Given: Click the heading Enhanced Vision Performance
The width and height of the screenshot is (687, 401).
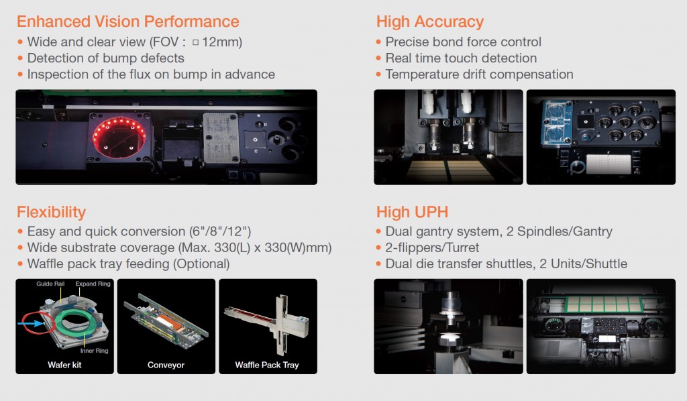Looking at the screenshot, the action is (x=128, y=21).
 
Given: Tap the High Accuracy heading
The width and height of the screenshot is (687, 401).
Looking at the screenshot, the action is (x=430, y=22).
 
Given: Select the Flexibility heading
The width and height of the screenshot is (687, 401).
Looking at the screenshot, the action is (x=51, y=213).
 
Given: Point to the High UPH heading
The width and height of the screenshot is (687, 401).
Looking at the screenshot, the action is (x=413, y=213).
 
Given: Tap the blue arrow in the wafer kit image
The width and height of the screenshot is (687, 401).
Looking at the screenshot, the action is (x=30, y=323).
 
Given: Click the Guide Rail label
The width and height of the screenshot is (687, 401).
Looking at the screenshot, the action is (x=50, y=284).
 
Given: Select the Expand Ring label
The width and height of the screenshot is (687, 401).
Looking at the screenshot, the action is (x=93, y=284).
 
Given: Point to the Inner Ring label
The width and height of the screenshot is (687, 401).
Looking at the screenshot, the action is (x=94, y=351).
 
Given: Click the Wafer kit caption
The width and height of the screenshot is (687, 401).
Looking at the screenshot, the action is (x=64, y=365).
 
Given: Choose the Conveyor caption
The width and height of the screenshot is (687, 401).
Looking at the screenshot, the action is (x=166, y=365).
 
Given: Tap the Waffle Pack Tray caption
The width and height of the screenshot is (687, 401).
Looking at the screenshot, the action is (x=267, y=365).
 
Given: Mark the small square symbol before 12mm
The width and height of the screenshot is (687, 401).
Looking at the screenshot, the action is (x=195, y=42).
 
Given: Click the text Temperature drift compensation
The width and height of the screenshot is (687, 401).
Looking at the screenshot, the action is (x=479, y=74).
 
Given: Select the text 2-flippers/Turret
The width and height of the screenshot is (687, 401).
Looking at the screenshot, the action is (x=432, y=248).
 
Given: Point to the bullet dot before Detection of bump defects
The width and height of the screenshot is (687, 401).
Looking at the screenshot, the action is (x=20, y=58).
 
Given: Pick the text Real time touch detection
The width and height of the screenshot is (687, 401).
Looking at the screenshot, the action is (x=461, y=58).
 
